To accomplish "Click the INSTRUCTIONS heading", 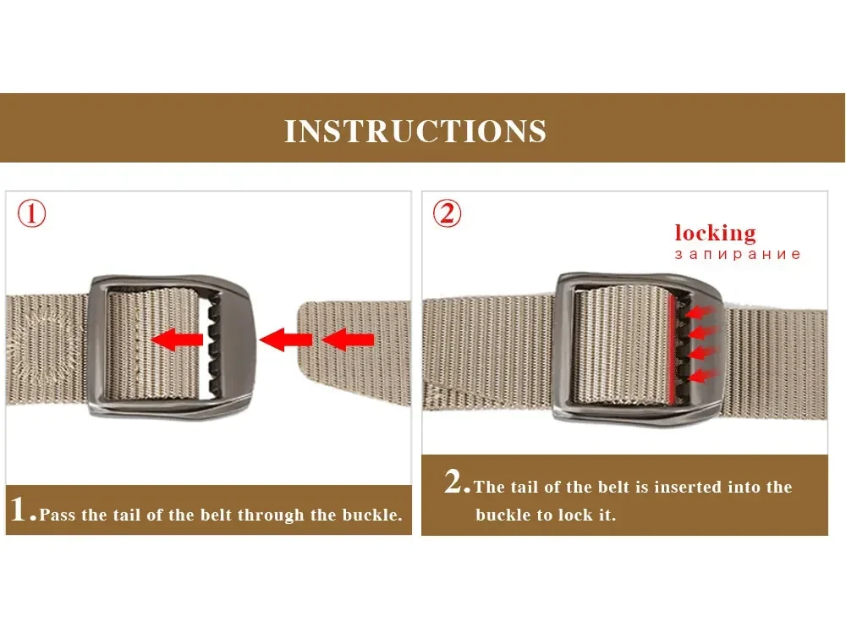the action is point(415,131).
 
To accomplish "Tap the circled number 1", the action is point(32,213).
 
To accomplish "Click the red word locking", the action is point(715,234).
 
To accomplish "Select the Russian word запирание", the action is point(737,254).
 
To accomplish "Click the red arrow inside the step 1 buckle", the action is point(177,339).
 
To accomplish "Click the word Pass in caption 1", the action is point(57,515).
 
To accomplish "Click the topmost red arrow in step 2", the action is point(700,311).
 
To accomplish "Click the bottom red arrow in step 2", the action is point(702,375).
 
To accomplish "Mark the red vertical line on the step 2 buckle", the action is point(671,349).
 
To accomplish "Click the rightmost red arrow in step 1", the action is point(348,339).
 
